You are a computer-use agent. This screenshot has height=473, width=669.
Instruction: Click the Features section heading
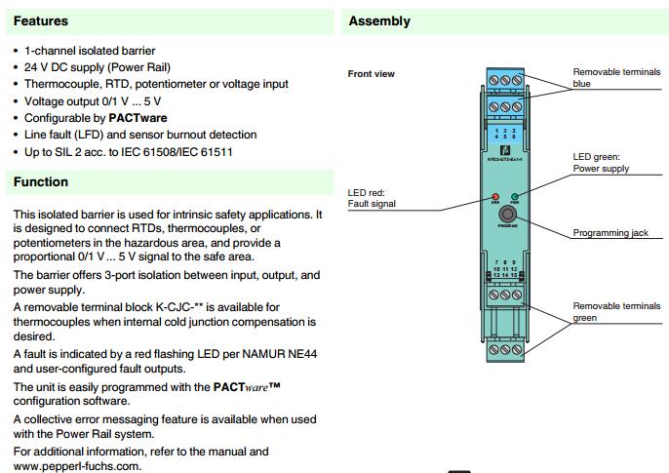pyautogui.click(x=40, y=20)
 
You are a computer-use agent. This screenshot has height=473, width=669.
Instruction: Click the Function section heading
pyautogui.click(x=40, y=181)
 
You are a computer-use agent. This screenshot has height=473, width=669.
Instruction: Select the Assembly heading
pyautogui.click(x=379, y=20)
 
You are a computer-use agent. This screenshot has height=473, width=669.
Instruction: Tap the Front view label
pyautogui.click(x=372, y=74)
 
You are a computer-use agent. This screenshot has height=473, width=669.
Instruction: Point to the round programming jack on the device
pyautogui.click(x=505, y=215)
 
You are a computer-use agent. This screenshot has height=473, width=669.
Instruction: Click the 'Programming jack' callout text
pyautogui.click(x=610, y=233)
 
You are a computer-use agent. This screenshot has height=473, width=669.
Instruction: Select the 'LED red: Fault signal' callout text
pyautogui.click(x=372, y=198)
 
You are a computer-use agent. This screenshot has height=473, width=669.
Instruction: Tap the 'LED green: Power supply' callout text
pyautogui.click(x=601, y=163)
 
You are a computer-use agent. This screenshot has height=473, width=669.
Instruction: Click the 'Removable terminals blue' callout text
pyautogui.click(x=615, y=78)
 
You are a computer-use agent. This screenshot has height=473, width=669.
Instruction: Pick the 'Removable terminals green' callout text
pyautogui.click(x=615, y=312)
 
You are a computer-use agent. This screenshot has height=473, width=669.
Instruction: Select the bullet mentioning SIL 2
pyautogui.click(x=128, y=151)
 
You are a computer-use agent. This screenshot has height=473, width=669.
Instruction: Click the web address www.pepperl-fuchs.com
pyautogui.click(x=77, y=466)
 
